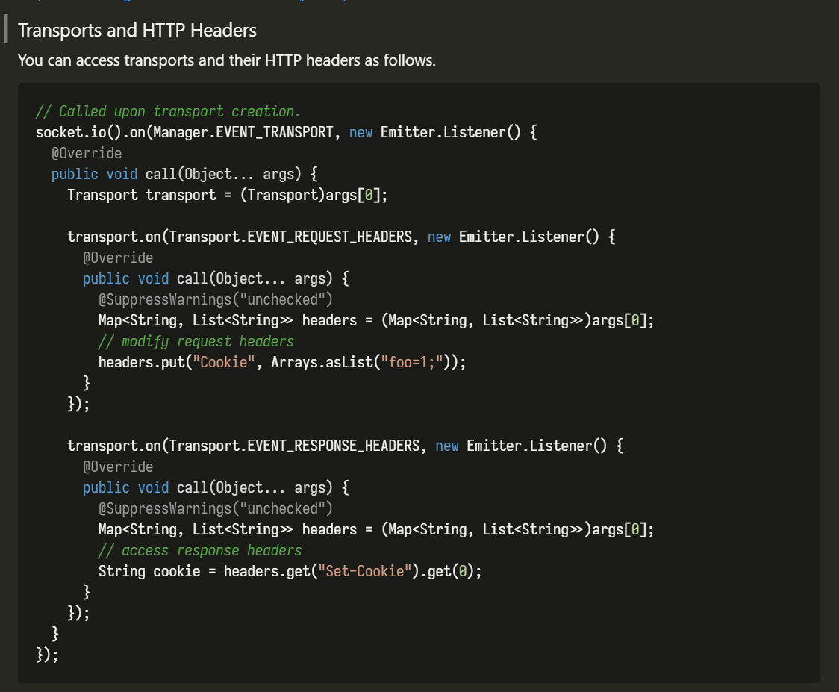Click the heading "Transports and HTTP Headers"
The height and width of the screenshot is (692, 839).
click(x=137, y=31)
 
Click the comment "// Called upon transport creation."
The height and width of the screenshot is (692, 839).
click(x=168, y=111)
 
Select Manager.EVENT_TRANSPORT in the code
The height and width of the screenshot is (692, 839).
click(x=243, y=132)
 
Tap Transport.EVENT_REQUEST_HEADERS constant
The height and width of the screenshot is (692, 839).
click(x=290, y=237)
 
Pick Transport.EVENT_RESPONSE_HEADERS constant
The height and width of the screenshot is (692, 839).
click(x=294, y=446)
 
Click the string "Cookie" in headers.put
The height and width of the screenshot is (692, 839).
click(x=224, y=362)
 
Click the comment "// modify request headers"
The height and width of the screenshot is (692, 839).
click(x=196, y=341)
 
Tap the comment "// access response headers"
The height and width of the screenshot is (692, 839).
click(x=200, y=550)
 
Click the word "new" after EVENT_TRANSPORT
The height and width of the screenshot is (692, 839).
click(x=361, y=132)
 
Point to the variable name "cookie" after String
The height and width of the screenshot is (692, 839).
click(x=177, y=571)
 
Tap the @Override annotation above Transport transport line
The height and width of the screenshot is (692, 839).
click(x=87, y=153)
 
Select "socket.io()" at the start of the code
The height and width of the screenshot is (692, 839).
click(x=78, y=132)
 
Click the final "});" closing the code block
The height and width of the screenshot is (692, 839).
click(x=47, y=655)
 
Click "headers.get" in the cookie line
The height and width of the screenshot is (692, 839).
click(x=266, y=571)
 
